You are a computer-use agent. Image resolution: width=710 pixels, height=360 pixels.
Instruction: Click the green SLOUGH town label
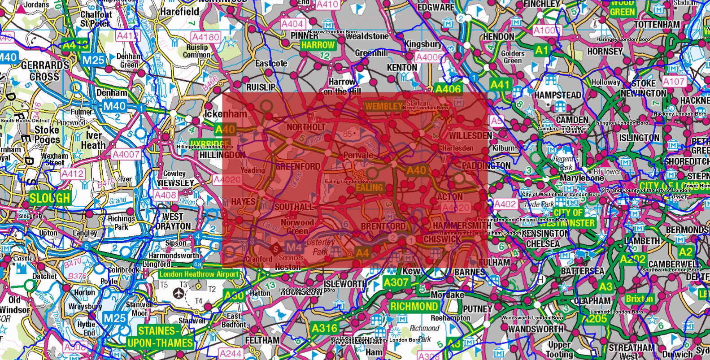[50, 198]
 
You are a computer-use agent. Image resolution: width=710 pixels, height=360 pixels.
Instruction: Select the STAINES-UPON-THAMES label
[160, 337]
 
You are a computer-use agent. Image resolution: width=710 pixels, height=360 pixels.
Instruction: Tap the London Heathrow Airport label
[199, 274]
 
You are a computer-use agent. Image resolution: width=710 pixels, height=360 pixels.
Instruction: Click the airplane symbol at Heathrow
[179, 294]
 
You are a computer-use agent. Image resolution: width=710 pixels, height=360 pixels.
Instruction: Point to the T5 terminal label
[164, 285]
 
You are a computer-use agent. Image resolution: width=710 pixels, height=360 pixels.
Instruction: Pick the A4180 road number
[205, 37]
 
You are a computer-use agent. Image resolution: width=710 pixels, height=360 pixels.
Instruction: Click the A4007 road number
[126, 155]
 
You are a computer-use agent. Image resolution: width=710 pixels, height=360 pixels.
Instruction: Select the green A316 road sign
[324, 328]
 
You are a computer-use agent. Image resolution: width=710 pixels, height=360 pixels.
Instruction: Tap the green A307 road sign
[396, 282]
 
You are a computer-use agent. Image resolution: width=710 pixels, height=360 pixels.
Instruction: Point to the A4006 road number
[428, 57]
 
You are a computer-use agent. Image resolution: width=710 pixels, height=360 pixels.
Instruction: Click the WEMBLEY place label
[383, 106]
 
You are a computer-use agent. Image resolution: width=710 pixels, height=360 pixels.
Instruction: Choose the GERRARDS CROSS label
[45, 71]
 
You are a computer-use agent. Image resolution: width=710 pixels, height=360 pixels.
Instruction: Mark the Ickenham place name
[226, 114]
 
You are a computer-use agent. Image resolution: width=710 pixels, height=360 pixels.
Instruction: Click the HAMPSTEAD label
[558, 95]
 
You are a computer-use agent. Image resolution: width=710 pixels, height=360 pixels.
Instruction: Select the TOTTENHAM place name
[657, 24]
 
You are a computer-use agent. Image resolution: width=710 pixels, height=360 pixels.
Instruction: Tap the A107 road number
[674, 82]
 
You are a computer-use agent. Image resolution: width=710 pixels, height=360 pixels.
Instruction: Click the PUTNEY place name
[477, 309]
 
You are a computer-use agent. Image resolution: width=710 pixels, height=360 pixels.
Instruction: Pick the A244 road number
[231, 354]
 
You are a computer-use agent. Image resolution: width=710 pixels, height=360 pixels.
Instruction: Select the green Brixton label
[640, 299]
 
